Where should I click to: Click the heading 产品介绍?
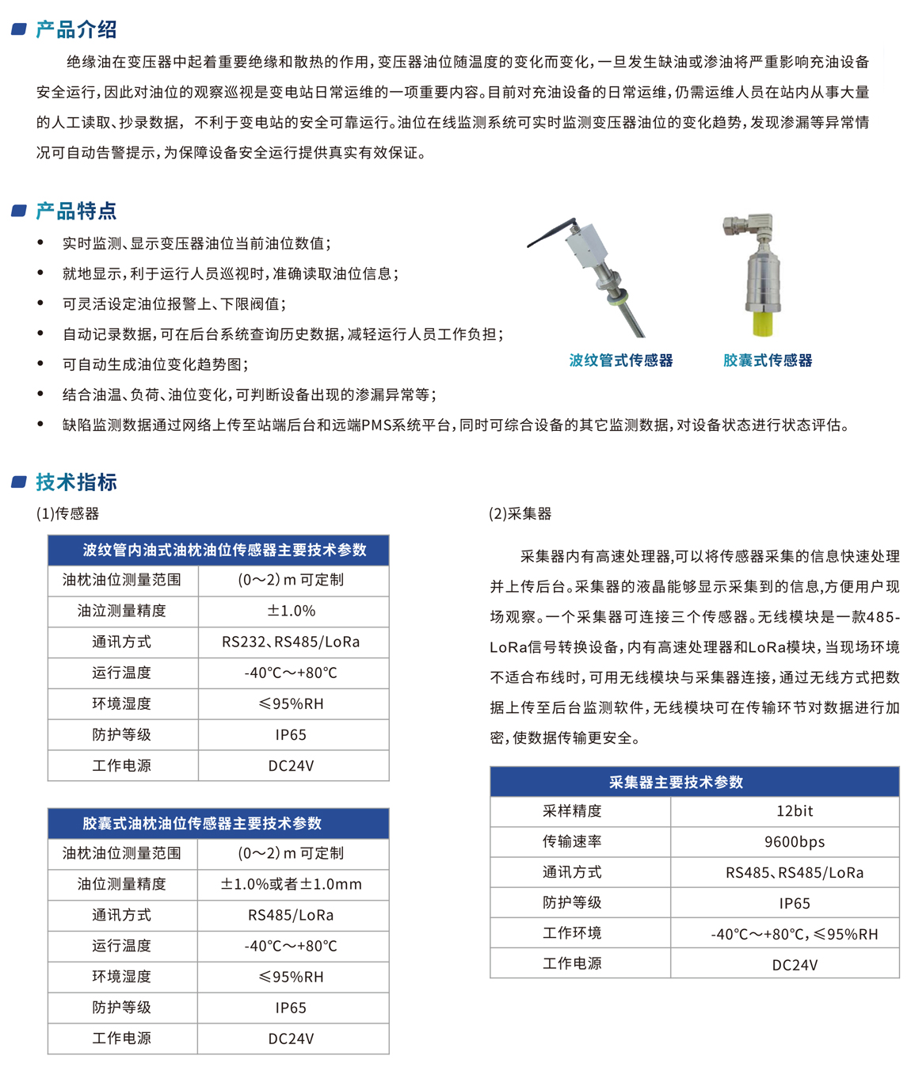coord(76,30)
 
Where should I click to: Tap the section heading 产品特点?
coord(76,211)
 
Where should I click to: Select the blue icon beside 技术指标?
coord(20,482)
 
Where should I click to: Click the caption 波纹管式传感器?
coord(620,360)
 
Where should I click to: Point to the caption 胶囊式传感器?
coord(767,360)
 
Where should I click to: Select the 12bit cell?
coord(794,811)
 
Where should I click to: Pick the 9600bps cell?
coord(794,842)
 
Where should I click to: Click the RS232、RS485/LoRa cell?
coord(291,642)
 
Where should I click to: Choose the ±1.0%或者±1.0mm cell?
coord(291,884)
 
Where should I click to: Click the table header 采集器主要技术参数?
coord(676,782)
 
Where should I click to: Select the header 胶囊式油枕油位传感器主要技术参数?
coord(202,823)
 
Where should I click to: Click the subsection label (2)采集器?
coord(520,513)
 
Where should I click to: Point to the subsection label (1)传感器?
coord(67,513)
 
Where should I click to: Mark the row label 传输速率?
coord(572,841)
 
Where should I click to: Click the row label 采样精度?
coord(572,811)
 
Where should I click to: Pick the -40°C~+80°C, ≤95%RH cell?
coord(794,934)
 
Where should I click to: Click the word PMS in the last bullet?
coord(375,425)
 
